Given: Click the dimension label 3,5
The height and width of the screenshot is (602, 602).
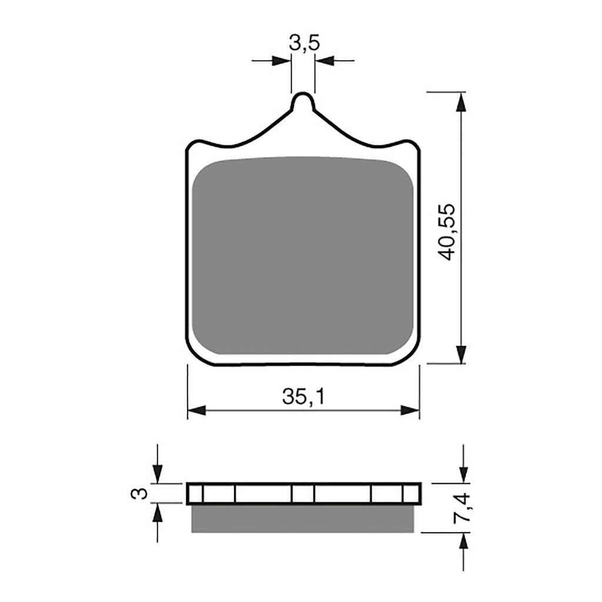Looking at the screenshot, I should pos(303,44).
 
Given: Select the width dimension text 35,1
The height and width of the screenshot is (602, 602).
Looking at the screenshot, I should pos(303,397).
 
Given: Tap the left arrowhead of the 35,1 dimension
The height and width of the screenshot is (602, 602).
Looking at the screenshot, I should pos(196,410).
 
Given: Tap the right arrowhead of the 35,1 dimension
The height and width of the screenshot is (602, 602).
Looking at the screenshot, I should pos(410,410).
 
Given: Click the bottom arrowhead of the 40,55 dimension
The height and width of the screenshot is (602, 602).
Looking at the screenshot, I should pos(462,354).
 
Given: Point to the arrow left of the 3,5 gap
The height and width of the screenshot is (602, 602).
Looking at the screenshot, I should pos(282,60).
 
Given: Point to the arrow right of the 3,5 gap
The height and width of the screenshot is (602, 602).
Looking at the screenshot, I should pos(325,60).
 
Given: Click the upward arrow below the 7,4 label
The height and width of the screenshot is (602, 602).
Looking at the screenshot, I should pos(463,543).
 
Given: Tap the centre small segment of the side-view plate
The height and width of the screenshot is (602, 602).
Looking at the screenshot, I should pos(303,493).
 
